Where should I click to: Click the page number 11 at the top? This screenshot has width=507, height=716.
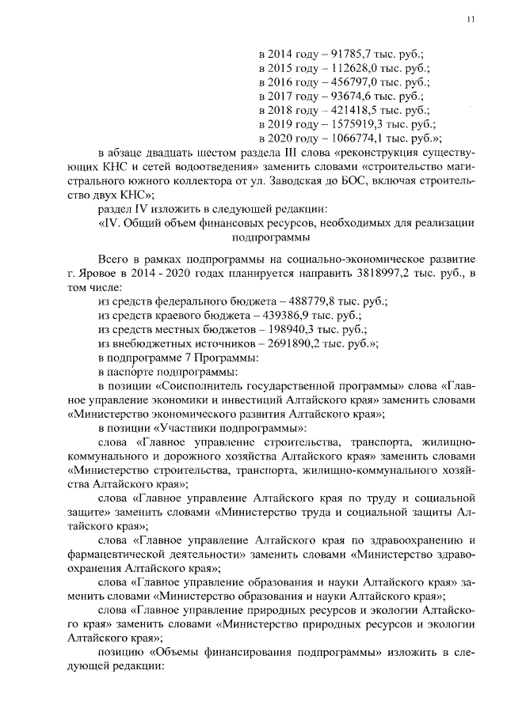pyautogui.click(x=471, y=20)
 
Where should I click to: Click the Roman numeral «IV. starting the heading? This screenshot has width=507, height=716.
pyautogui.click(x=109, y=223)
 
